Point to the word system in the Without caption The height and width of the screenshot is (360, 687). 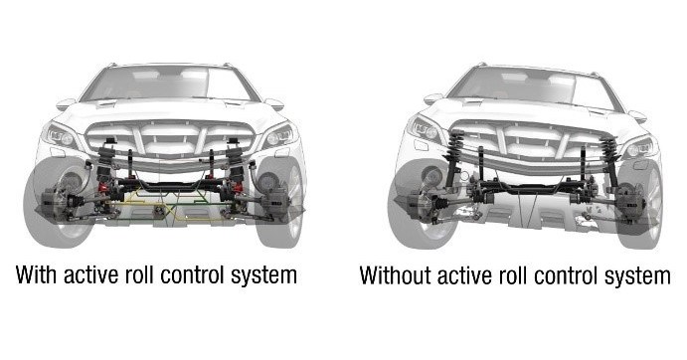(632, 274)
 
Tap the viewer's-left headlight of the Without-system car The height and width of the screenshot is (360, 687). (425, 128)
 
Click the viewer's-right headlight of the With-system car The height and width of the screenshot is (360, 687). (278, 135)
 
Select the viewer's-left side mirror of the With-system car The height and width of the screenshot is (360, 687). (66, 102)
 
